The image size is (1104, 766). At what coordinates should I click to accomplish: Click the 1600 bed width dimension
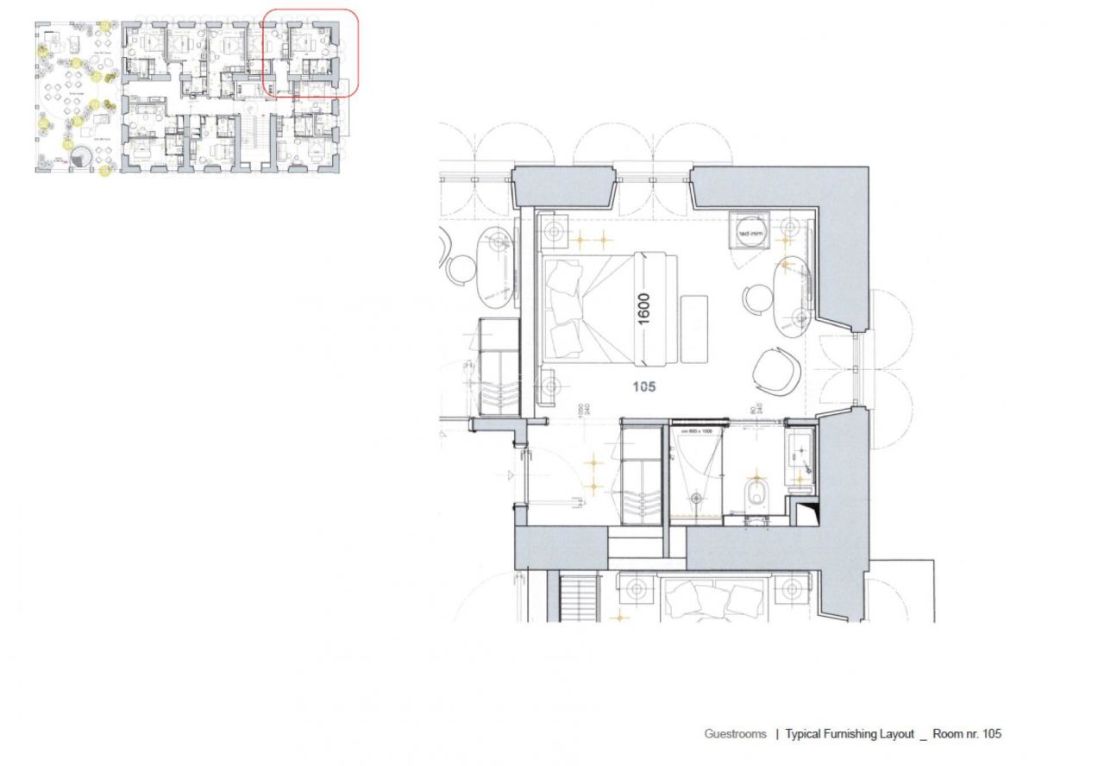tap(644, 308)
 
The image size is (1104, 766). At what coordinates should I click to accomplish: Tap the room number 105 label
tap(643, 386)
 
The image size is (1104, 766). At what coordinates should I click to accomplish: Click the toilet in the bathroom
tap(756, 495)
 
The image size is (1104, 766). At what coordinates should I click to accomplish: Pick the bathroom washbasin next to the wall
tap(799, 455)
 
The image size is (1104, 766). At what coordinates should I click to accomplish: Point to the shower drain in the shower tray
tap(694, 497)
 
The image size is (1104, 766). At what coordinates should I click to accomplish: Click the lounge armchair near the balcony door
tap(779, 369)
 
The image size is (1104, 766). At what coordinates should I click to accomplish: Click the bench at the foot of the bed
tap(693, 329)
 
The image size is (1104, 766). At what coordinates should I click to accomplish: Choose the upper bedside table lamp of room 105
tap(553, 231)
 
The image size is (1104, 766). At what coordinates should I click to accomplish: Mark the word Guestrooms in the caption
tap(735, 734)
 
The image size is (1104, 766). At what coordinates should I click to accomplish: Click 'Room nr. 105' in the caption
tap(967, 734)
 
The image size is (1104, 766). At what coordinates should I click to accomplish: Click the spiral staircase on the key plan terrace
tap(84, 157)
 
